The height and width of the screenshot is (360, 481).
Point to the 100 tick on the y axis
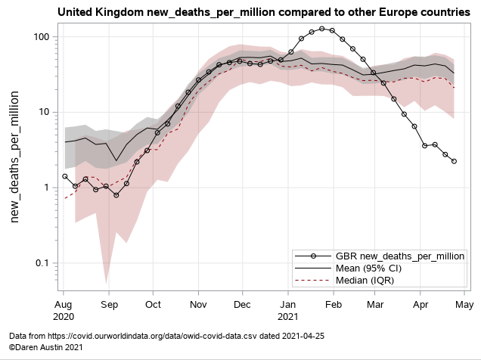[x=41, y=37]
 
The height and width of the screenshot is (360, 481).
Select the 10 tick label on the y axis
[x=44, y=112]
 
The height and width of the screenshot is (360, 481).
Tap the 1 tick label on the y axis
[x=47, y=188]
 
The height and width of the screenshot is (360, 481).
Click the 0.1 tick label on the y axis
[x=42, y=263]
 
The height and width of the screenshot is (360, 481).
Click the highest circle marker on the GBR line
[x=323, y=29]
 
